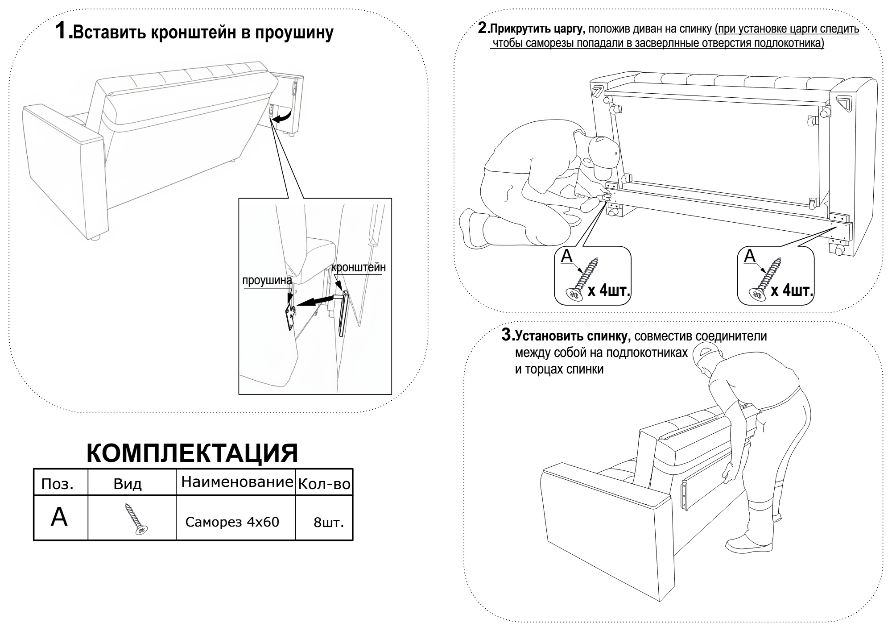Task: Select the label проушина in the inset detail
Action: click(x=267, y=281)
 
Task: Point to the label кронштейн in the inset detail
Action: click(x=358, y=268)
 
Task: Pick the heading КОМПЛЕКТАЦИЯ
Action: click(x=192, y=453)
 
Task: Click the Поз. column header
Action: click(x=57, y=484)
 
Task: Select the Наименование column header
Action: click(x=237, y=482)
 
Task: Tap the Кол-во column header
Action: click(x=324, y=484)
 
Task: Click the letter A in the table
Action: click(x=59, y=517)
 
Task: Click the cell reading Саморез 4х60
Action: click(x=232, y=522)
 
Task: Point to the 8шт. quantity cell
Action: click(x=329, y=523)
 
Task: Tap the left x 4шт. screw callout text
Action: click(x=609, y=291)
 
